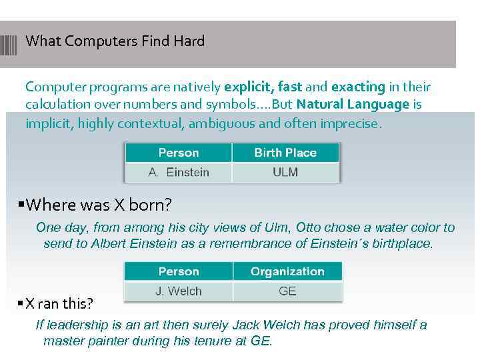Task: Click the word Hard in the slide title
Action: (x=189, y=41)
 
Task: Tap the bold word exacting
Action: (x=358, y=87)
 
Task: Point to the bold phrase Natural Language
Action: (x=353, y=105)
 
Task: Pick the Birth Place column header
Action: (x=285, y=153)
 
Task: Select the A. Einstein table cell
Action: (x=179, y=172)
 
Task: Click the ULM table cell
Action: (x=285, y=172)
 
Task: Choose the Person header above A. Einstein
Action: (x=179, y=153)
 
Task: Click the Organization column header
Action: (x=287, y=271)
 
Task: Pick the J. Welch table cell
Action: (x=179, y=291)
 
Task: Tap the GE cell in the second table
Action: (x=287, y=291)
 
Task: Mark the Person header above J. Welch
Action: (x=179, y=271)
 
